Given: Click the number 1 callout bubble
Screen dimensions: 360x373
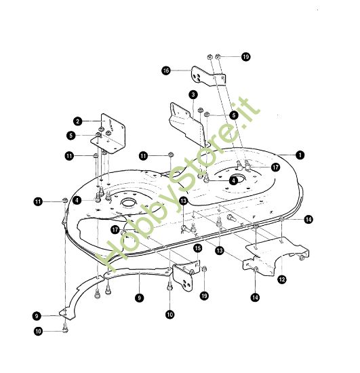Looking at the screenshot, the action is (300, 155).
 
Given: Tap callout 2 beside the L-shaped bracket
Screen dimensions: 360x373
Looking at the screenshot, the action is (78, 121).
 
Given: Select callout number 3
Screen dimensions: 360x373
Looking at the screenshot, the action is (193, 95).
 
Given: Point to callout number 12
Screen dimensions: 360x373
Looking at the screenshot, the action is (282, 279).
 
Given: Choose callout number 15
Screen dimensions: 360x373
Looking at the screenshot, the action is (198, 248).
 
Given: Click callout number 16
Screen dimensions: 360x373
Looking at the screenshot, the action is (166, 71).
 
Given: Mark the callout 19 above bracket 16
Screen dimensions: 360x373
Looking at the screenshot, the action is (246, 57).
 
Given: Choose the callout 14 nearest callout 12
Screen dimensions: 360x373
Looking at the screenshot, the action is (255, 297).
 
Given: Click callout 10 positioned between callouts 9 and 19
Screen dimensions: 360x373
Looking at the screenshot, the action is (169, 315).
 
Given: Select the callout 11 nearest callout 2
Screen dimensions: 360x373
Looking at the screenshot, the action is (69, 156).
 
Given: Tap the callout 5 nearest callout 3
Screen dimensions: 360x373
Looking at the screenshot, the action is (234, 115).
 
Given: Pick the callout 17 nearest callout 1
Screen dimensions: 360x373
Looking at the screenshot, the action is (275, 168).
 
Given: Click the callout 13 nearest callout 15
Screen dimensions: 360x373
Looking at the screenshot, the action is (219, 250).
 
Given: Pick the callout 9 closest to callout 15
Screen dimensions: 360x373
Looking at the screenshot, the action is (140, 298).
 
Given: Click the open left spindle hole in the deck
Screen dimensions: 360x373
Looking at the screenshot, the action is (129, 203).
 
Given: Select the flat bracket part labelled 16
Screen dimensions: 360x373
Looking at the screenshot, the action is (208, 77).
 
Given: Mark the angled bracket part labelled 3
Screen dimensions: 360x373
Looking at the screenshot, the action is (189, 125).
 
